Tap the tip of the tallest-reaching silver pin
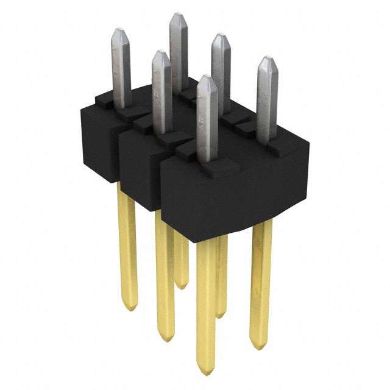click(x=177, y=15)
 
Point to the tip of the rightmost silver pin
click(x=266, y=59)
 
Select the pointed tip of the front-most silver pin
click(x=207, y=77)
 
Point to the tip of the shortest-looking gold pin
click(x=182, y=285)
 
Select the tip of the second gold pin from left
click(x=165, y=338)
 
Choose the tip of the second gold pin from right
click(x=221, y=316)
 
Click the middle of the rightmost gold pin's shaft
click(x=260, y=280)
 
